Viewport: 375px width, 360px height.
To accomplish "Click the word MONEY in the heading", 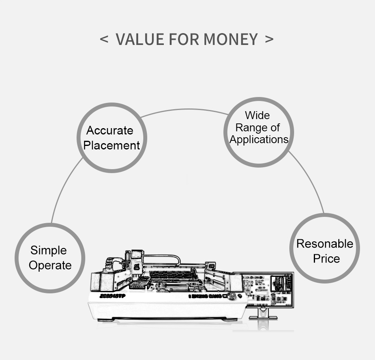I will [x=231, y=39].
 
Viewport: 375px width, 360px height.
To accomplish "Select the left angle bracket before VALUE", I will [x=104, y=39].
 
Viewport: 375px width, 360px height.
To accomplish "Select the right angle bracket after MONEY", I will [x=269, y=39].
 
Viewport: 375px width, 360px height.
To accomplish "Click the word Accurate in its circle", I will [x=110, y=131].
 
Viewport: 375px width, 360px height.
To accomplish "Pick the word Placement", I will [x=111, y=145].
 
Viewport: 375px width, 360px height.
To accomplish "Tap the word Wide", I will [x=257, y=116].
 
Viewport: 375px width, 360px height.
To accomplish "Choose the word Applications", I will [x=259, y=140].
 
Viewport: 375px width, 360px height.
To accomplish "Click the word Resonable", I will [x=325, y=244].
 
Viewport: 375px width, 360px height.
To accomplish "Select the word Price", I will [x=326, y=259].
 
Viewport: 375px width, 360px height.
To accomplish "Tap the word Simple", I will [x=49, y=250].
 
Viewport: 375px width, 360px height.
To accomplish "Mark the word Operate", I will [x=50, y=265].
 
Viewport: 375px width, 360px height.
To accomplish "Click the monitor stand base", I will [x=263, y=317].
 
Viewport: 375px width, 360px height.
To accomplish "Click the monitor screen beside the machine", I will [x=268, y=289].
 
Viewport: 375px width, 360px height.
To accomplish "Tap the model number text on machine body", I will [x=112, y=296].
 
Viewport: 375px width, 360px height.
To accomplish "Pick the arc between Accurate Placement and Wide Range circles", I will [x=186, y=109].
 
